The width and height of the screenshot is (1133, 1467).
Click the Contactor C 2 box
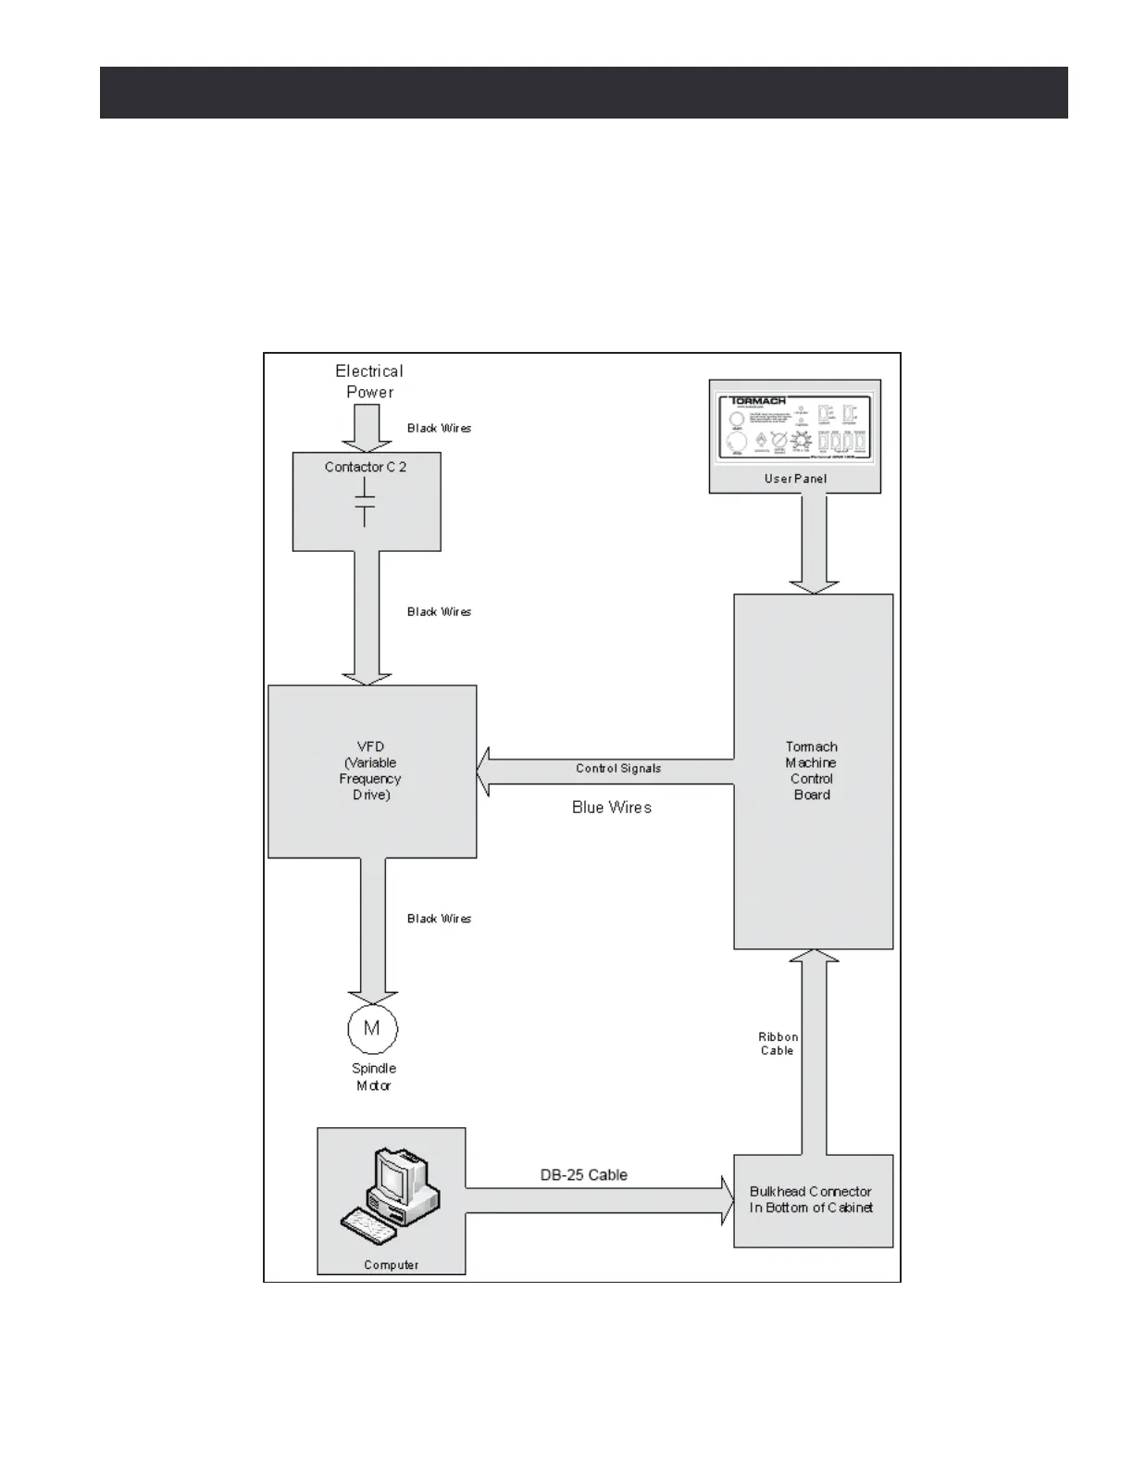[x=367, y=501]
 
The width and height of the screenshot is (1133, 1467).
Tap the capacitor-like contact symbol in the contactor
[x=366, y=501]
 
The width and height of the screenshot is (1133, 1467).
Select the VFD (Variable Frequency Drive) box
[x=372, y=771]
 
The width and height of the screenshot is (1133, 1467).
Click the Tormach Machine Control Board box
[x=813, y=771]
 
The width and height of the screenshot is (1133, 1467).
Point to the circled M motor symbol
[x=372, y=1028]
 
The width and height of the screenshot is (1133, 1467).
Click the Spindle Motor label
[x=373, y=1077]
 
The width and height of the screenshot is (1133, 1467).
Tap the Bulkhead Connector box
[x=813, y=1200]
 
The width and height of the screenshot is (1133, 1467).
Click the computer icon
[x=391, y=1195]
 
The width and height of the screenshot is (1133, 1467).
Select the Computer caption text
[x=391, y=1265]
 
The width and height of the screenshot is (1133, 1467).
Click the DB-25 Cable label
[x=584, y=1175]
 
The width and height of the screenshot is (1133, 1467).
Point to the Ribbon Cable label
[x=778, y=1044]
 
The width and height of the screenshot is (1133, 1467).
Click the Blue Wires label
[x=612, y=808]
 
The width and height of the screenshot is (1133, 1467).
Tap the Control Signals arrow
[x=606, y=771]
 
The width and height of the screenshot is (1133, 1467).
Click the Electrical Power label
[x=369, y=382]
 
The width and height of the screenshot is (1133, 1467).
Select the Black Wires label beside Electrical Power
[x=440, y=429]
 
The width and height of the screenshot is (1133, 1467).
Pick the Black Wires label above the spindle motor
[x=440, y=919]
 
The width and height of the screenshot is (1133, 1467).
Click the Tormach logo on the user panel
[x=758, y=402]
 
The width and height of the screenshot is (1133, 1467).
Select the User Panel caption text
[x=795, y=479]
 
